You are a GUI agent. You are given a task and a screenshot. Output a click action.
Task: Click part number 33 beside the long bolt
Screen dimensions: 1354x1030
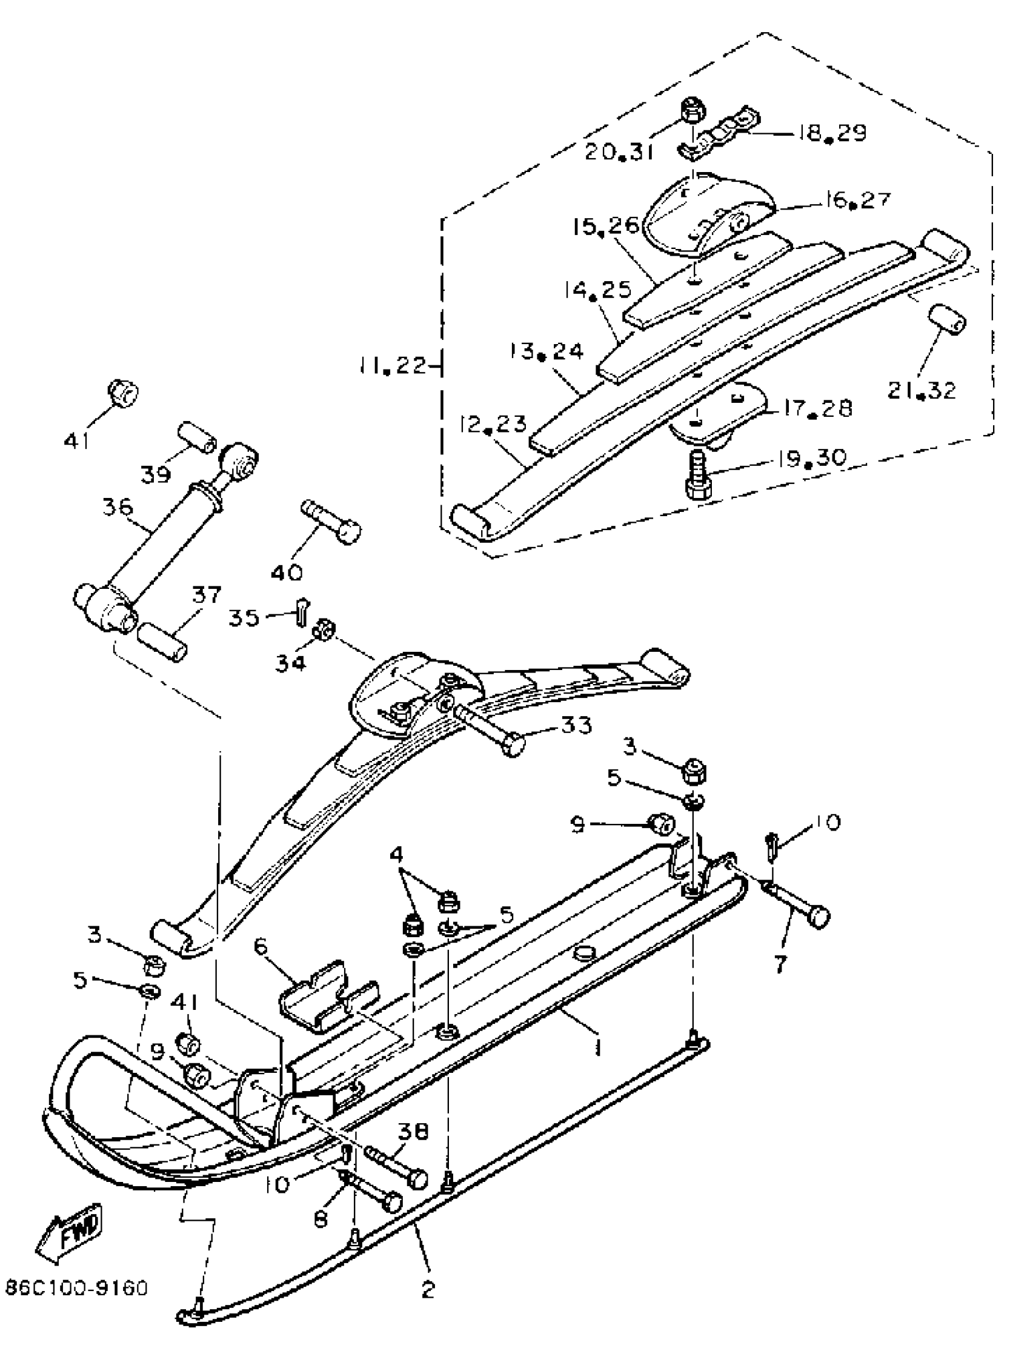[576, 726]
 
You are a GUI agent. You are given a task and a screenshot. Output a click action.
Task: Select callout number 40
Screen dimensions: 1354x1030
[287, 572]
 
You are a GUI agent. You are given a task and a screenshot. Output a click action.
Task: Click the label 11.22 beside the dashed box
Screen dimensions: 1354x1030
[393, 367]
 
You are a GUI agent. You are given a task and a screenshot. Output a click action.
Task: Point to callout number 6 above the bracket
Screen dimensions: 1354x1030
[261, 947]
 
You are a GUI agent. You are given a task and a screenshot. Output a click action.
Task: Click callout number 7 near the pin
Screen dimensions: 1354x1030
[779, 964]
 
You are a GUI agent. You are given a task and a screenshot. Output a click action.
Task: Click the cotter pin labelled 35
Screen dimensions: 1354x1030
[302, 612]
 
